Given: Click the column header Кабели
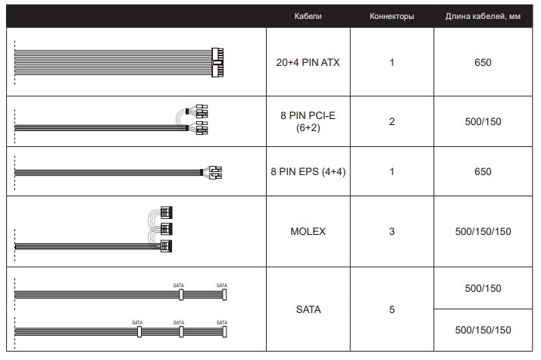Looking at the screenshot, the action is pyautogui.click(x=308, y=16).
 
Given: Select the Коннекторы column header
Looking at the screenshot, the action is pyautogui.click(x=392, y=16).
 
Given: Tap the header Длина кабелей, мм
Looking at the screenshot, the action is pyautogui.click(x=483, y=16).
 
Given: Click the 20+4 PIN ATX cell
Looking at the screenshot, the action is pyautogui.click(x=308, y=62).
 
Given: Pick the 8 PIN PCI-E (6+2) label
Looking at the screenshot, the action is pyautogui.click(x=308, y=121).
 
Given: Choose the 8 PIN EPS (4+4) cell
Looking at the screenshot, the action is pyautogui.click(x=308, y=171).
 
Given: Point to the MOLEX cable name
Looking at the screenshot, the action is pyautogui.click(x=308, y=231).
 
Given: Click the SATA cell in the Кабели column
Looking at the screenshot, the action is pyautogui.click(x=308, y=309).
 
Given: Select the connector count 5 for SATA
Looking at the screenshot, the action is pyautogui.click(x=392, y=309).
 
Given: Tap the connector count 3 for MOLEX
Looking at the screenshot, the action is pyautogui.click(x=392, y=231).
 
